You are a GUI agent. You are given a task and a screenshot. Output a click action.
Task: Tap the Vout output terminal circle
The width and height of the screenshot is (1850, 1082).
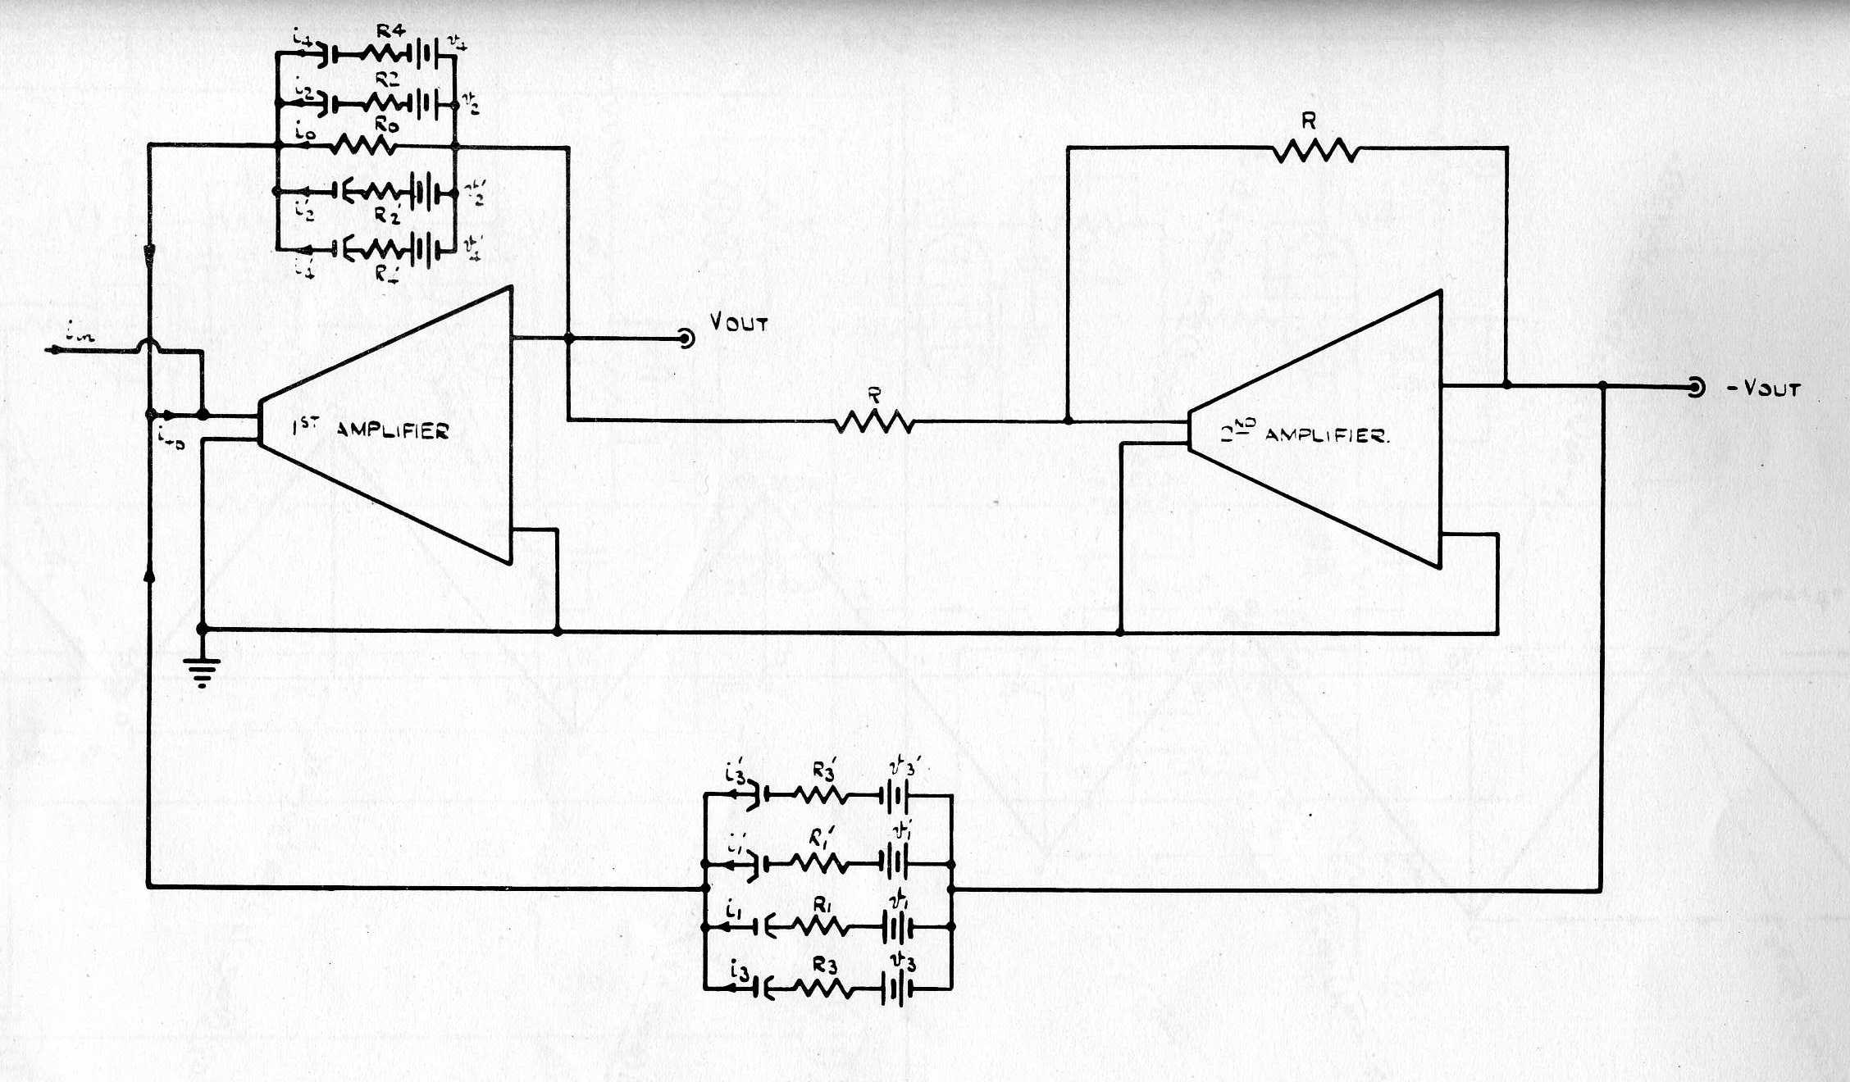pos(686,338)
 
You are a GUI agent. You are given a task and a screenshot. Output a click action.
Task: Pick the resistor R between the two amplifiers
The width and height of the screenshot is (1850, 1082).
pos(874,422)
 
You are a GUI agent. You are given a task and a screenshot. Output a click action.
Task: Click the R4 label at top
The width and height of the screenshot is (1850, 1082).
pos(390,31)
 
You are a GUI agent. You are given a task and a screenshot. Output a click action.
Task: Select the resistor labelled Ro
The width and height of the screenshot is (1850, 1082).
pos(364,147)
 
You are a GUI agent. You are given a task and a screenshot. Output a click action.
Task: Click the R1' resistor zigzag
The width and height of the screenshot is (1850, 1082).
pos(817,864)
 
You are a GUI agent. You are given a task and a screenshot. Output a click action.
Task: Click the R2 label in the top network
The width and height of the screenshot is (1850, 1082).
pos(387,80)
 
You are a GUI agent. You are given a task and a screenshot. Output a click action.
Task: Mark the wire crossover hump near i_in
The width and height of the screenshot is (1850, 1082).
pos(149,346)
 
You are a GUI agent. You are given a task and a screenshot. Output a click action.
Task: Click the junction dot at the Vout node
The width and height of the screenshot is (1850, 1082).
pos(568,338)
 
